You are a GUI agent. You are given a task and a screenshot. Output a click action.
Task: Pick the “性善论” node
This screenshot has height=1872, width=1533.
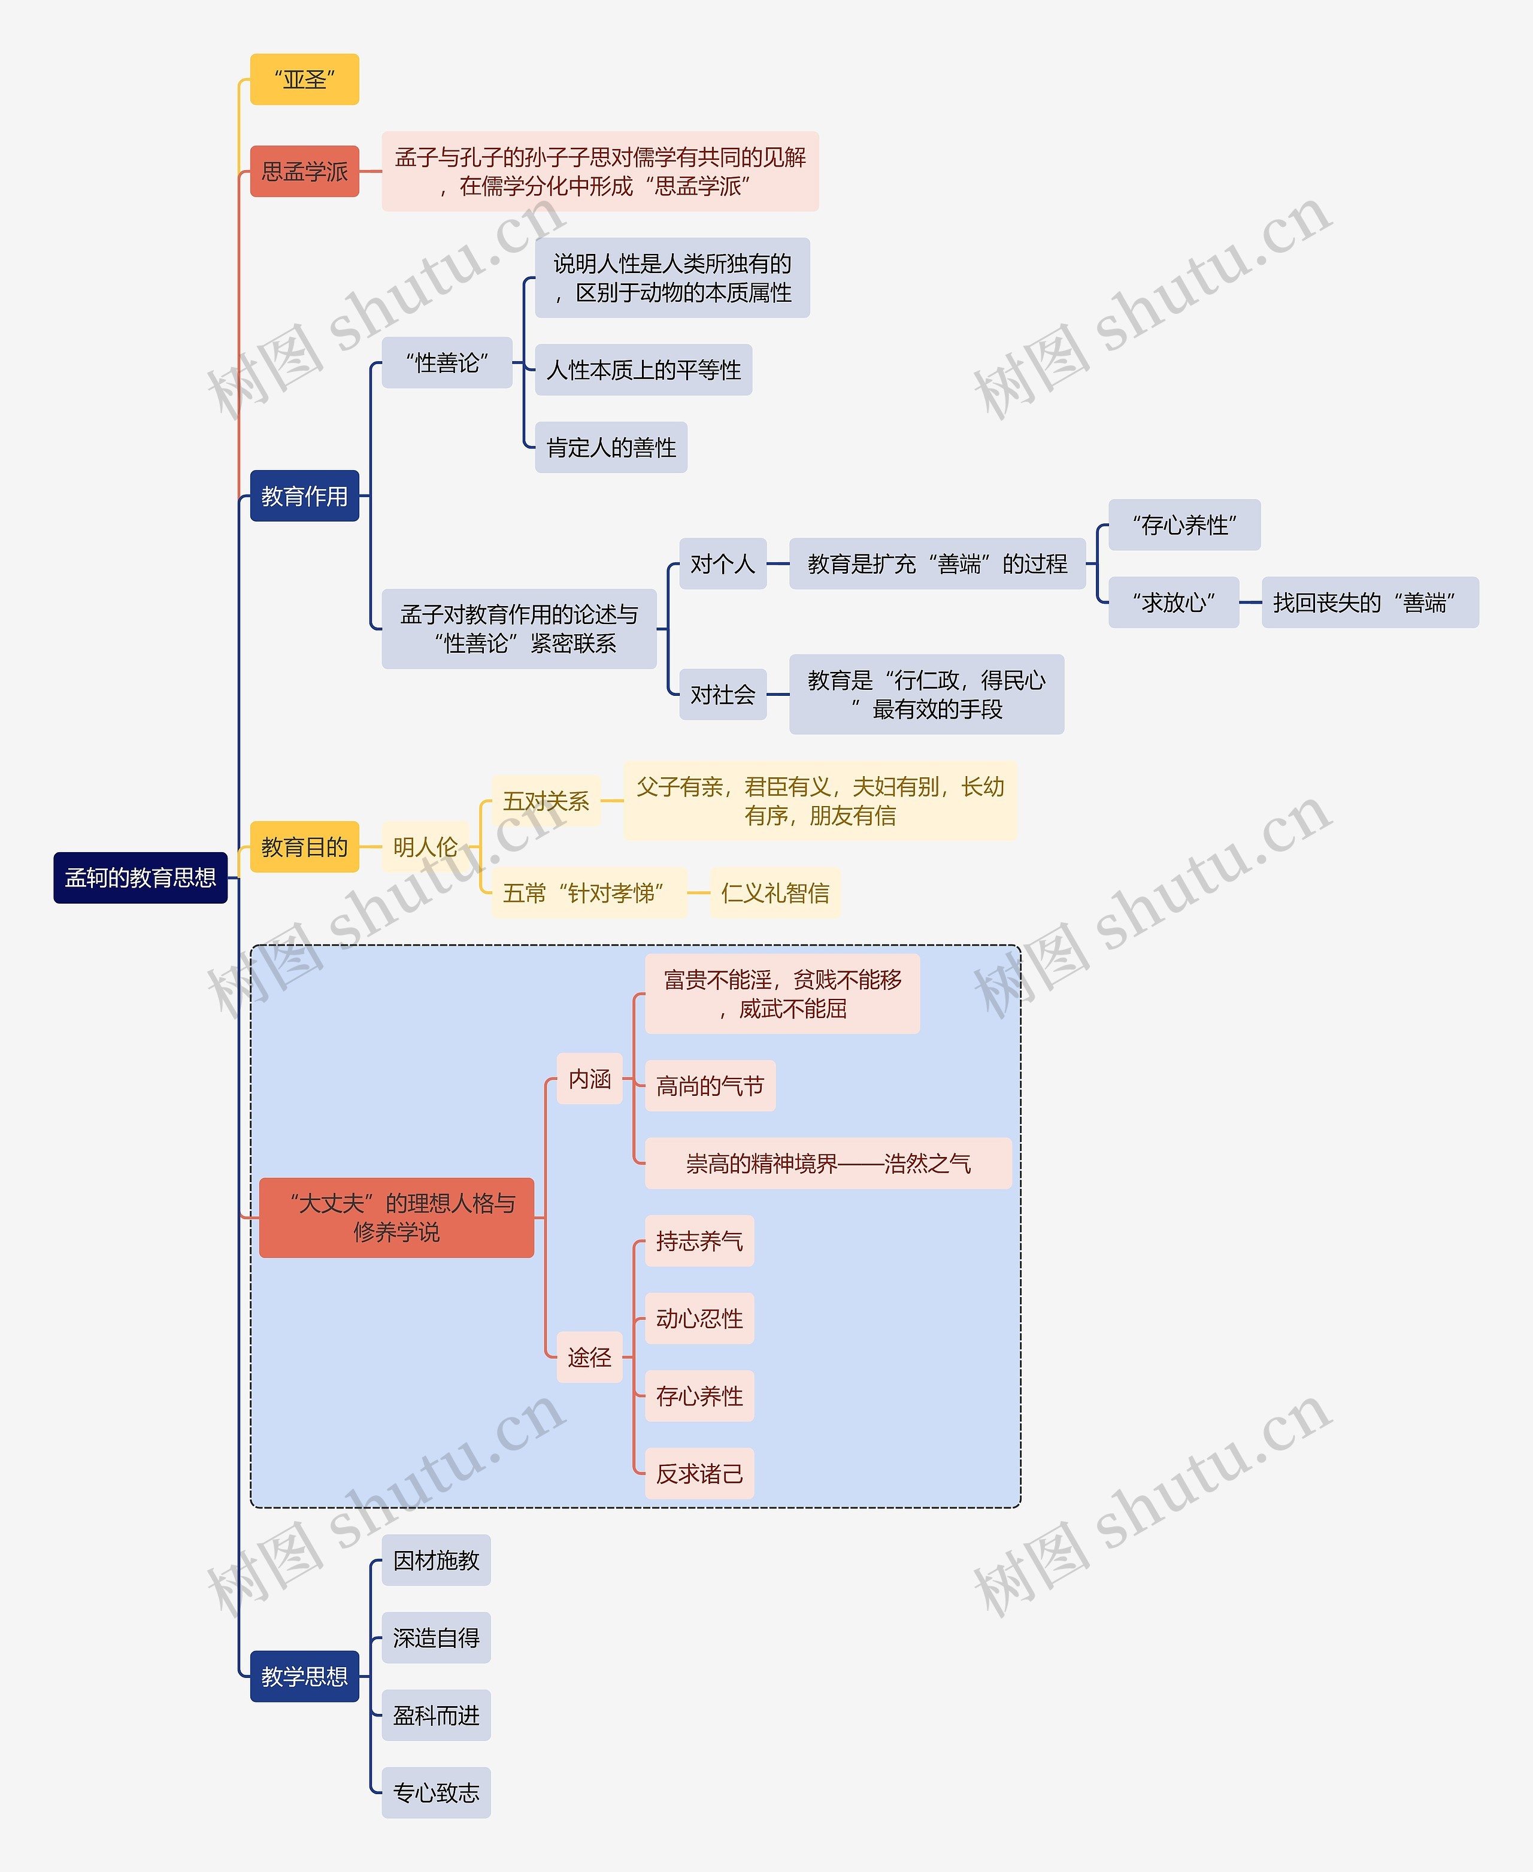click(x=447, y=362)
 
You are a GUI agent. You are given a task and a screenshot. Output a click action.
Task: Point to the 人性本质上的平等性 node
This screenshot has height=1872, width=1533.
click(x=643, y=370)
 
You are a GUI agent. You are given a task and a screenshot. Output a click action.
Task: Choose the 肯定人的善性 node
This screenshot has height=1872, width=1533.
click(x=610, y=448)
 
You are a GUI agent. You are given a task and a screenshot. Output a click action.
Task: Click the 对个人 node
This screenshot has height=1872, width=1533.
click(x=722, y=564)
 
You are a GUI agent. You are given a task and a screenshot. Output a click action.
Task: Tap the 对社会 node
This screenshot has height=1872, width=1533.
click(x=722, y=694)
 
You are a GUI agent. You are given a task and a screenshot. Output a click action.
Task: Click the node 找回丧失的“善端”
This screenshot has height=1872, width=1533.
click(x=1370, y=602)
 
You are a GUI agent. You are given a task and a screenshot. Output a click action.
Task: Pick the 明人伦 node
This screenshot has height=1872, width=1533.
click(x=425, y=847)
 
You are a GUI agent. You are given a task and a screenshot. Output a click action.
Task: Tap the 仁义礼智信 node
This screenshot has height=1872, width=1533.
click(x=774, y=893)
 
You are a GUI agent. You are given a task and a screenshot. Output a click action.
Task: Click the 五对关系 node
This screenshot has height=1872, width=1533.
click(x=545, y=801)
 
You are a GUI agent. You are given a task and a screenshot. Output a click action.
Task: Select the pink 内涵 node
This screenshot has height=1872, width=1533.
click(x=589, y=1078)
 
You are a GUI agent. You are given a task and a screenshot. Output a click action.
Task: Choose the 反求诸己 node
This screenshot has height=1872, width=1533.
click(x=699, y=1473)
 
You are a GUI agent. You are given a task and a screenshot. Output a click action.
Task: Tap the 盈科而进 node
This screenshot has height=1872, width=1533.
click(x=435, y=1715)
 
